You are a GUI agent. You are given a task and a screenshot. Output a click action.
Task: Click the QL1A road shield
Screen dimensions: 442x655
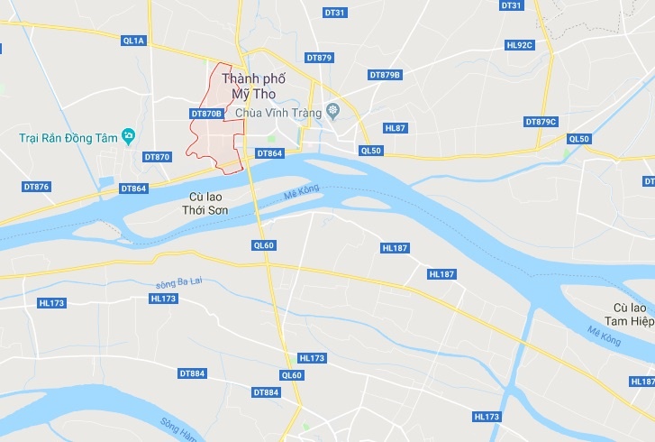click(133, 40)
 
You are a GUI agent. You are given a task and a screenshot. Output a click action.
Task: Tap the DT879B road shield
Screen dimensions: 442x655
click(385, 74)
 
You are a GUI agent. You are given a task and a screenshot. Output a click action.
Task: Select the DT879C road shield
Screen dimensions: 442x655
click(541, 121)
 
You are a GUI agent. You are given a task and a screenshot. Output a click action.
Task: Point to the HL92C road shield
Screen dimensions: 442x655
click(520, 44)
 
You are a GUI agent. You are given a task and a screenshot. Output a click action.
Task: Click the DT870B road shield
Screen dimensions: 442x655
click(206, 114)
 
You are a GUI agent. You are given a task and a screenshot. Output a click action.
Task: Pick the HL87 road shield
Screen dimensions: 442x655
click(396, 128)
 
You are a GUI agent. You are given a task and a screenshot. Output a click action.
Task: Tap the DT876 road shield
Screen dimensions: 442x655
click(36, 186)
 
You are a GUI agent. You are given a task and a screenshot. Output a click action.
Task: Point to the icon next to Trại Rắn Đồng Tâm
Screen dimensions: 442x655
click(129, 136)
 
